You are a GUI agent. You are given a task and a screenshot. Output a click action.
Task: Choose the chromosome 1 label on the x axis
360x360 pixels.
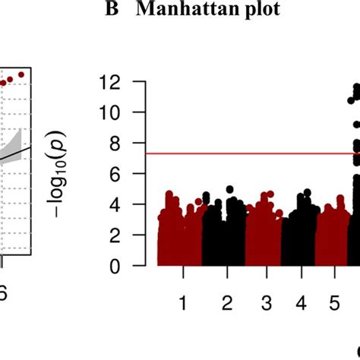(x=183, y=303)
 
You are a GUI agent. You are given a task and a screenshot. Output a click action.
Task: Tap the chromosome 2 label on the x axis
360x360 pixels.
(x=226, y=303)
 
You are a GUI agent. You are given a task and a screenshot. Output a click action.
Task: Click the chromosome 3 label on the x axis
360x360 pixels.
(x=266, y=303)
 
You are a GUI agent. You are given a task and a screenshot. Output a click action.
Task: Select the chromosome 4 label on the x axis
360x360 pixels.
(x=302, y=303)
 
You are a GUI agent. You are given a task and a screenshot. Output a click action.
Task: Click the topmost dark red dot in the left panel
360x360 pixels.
(x=21, y=74)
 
